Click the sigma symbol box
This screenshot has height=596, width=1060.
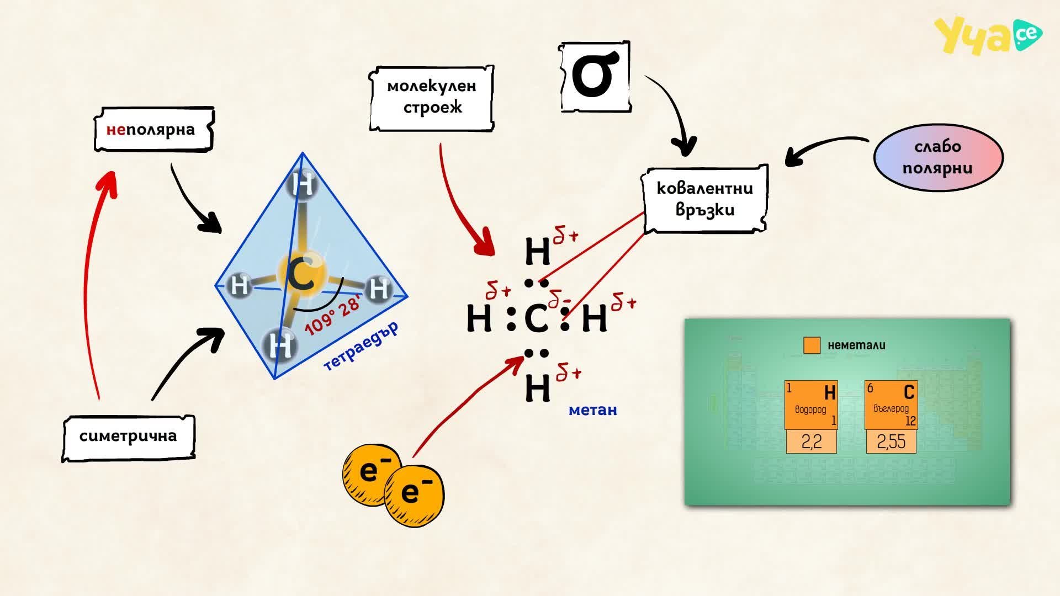coord(595,77)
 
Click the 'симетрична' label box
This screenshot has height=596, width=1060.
coord(128,438)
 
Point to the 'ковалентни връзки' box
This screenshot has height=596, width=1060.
coord(704,199)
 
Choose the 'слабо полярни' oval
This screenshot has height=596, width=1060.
coord(938,157)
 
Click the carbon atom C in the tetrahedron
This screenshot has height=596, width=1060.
coord(301,275)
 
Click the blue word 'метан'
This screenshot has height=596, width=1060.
coord(592,410)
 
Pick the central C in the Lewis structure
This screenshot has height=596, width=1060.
coord(536,318)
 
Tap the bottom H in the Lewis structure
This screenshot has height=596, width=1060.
coord(537,388)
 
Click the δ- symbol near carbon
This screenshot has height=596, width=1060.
coord(559,299)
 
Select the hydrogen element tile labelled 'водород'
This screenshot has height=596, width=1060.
coord(811,405)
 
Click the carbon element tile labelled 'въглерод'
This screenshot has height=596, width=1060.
coord(891,405)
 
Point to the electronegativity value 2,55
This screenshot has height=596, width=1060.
coord(891,441)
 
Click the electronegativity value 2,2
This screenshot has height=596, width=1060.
coord(811,441)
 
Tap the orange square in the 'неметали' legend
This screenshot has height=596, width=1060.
coord(812,345)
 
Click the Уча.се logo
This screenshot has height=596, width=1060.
coord(988,35)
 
